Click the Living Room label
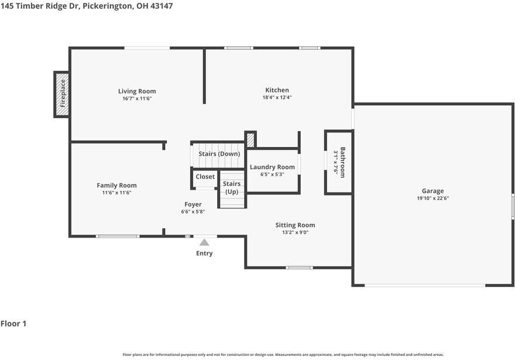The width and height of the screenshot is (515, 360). pos(137,91)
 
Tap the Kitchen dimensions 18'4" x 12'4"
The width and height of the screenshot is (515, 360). pos(277,97)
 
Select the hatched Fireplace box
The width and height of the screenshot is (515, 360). pos(62,94)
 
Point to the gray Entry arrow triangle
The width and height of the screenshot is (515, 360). pos(204,242)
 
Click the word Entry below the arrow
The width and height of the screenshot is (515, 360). pos(204,253)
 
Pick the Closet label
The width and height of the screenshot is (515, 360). pos(205,177)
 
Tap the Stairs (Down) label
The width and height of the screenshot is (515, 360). pos(219,154)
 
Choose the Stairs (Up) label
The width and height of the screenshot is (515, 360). pos(232,187)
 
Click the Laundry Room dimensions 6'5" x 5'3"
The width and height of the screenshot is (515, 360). pos(272,174)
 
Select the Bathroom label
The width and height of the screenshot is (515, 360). pos(342,162)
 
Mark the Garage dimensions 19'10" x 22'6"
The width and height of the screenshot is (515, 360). pos(433,198)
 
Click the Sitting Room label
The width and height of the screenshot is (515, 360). pos(295,225)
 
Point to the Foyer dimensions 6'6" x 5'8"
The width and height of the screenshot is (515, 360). pos(193,212)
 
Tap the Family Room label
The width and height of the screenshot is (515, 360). pos(116,185)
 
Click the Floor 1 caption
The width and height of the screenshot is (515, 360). pos(13,324)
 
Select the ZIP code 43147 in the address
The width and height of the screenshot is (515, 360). pos(162,6)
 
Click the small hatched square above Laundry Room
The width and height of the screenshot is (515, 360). pos(250,139)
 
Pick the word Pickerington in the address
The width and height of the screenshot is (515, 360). pos(107,6)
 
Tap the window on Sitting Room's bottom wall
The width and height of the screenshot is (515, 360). pos(299,268)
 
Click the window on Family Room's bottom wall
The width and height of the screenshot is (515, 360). pos(118,236)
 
